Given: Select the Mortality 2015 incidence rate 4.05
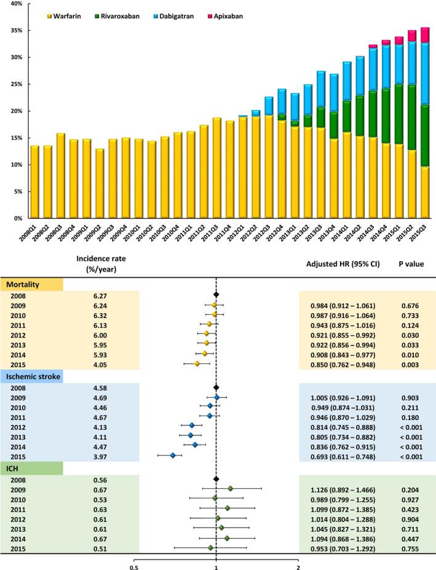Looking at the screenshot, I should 101,363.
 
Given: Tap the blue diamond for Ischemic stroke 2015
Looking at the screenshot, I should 173,456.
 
